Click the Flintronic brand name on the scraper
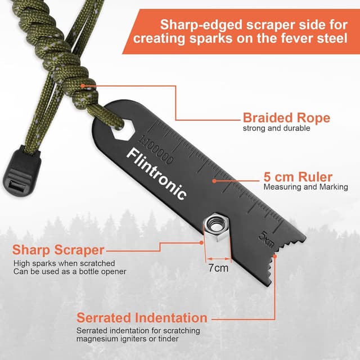pos(156,173)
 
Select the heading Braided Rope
pos(286,118)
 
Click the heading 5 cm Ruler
pos(298,177)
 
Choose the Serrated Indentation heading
pos(142,318)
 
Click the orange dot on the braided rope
pos(83,86)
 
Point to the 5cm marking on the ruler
pos(267,239)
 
